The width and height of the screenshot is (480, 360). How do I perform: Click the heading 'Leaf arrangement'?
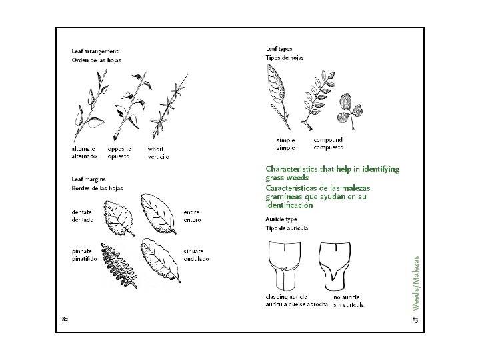click(95, 51)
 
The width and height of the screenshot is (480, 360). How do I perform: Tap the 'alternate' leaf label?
click(83, 149)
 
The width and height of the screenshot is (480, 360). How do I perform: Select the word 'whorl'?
click(155, 149)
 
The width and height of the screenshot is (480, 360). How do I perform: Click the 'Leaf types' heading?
click(279, 49)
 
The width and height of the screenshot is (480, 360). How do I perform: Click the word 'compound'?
click(327, 140)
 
